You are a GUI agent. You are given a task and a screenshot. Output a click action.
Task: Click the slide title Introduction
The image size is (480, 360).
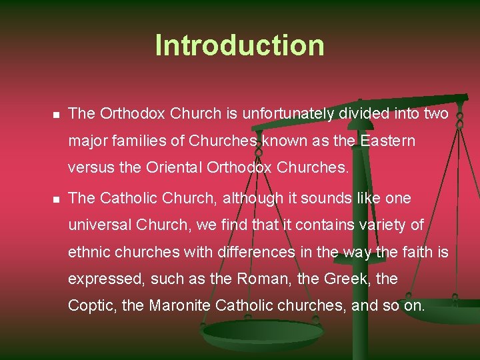coord(239,45)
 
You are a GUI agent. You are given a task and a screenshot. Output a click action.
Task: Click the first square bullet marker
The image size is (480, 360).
coord(56,115)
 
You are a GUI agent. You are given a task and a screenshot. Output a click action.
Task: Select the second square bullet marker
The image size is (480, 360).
coord(56,199)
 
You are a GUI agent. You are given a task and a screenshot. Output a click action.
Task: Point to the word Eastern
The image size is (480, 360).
coord(387,141)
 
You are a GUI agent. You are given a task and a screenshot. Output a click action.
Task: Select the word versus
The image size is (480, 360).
coord(91,168)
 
